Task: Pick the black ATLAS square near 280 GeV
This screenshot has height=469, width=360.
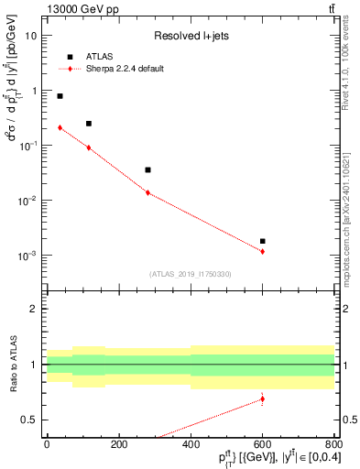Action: (147, 169)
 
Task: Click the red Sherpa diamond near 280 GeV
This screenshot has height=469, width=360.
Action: (147, 192)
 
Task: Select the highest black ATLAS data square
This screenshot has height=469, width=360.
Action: (60, 95)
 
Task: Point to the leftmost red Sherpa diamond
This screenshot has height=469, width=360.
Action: (60, 127)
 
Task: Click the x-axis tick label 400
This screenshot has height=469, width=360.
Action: (191, 443)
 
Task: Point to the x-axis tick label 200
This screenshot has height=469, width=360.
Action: (118, 443)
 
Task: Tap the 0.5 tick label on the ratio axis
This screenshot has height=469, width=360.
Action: (31, 420)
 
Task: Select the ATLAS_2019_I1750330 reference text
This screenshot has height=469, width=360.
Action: (190, 274)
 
